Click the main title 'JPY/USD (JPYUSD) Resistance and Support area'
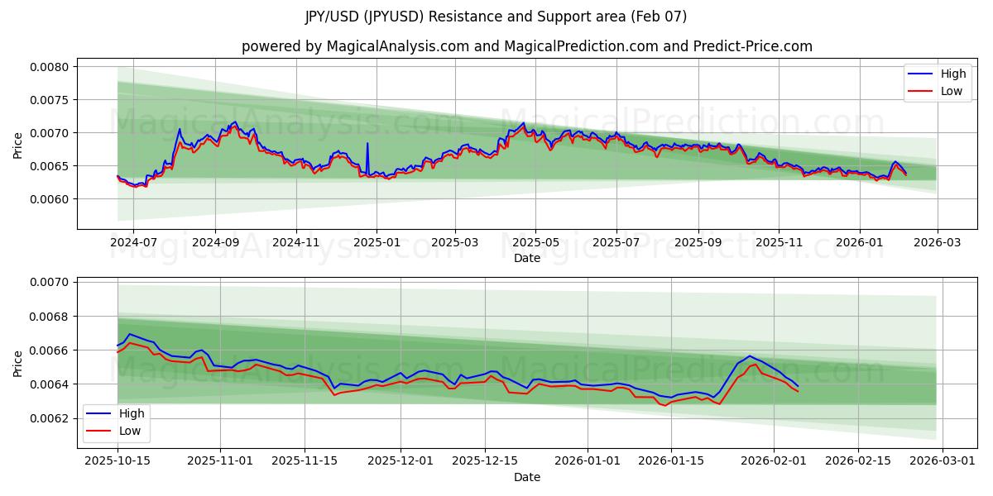(x=496, y=17)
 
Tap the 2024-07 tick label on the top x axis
(x=134, y=243)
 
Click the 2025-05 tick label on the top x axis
(x=535, y=243)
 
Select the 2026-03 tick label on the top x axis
(x=938, y=243)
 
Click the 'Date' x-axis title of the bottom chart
(x=526, y=477)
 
